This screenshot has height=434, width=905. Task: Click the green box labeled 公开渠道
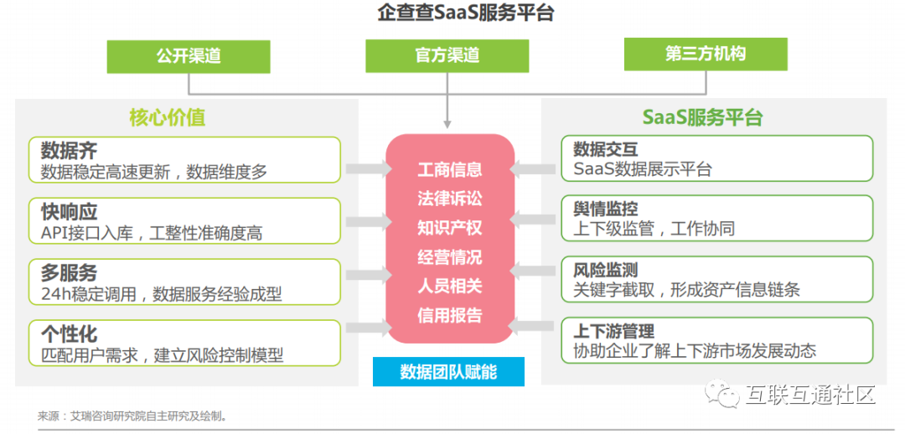(188, 55)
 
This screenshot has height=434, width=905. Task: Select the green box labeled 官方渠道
(447, 55)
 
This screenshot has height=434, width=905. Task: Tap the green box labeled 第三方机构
(706, 54)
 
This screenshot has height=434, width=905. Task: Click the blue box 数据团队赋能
(448, 371)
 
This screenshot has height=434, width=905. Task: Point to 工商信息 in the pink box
(450, 170)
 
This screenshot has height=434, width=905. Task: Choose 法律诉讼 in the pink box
(450, 199)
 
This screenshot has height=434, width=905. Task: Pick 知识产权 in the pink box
(450, 228)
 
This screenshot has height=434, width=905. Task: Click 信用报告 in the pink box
(450, 315)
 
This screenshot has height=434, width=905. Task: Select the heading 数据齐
(69, 151)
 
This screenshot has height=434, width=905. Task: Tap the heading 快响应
(69, 211)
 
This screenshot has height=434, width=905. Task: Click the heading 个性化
(69, 333)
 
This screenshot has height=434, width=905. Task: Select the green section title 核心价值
(168, 117)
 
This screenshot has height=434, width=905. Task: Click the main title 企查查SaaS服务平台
(453, 13)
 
